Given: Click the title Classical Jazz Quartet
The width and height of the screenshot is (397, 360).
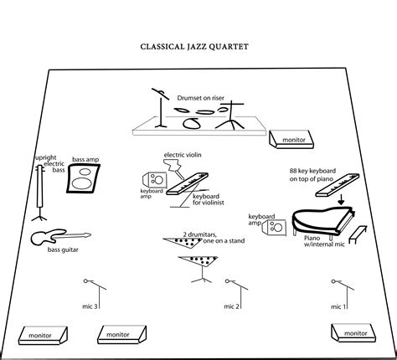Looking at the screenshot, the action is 194,47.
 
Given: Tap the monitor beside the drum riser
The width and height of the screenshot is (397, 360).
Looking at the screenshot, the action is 291,139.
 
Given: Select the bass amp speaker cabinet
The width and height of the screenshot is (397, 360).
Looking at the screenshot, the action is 83,178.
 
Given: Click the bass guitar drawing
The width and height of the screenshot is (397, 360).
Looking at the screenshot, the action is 60,237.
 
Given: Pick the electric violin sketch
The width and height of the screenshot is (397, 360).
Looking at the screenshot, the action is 174,168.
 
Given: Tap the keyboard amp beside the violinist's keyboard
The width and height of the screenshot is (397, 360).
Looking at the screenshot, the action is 155,180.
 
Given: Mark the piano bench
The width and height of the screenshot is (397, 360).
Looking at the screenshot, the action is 358,235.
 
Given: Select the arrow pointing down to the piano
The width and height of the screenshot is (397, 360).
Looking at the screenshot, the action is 341,200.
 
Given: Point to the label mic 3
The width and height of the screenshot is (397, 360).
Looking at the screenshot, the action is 90,306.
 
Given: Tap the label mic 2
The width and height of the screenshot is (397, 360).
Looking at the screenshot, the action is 231,306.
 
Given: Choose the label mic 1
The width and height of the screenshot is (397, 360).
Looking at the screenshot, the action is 338,306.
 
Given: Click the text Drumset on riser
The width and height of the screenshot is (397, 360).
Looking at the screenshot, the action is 201,98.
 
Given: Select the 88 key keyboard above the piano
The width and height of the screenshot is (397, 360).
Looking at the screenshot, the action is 338,185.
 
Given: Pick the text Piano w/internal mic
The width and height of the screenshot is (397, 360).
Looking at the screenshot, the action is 324,241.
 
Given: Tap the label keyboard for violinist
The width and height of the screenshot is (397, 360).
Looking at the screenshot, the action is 209,199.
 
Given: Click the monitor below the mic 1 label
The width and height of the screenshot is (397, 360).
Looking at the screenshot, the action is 353,332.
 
